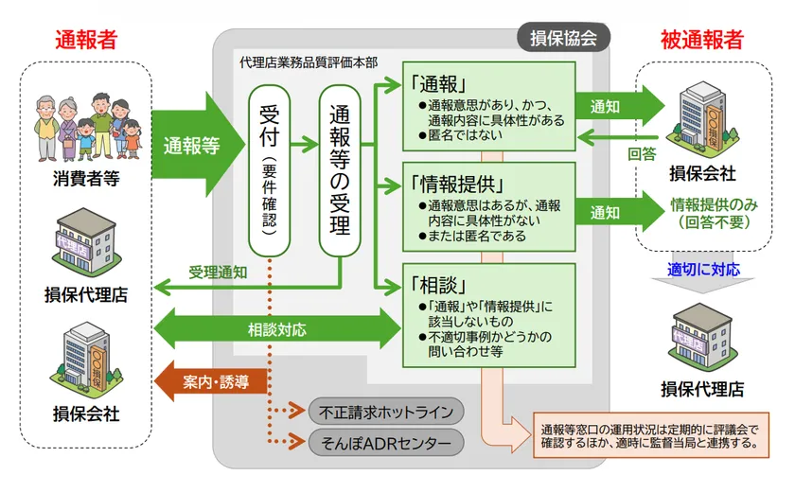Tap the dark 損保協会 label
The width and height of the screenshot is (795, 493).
[563, 38]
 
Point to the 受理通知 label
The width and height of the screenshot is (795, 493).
[218, 272]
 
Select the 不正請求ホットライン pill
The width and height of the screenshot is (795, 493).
[387, 412]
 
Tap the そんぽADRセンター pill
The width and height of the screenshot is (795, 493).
[387, 442]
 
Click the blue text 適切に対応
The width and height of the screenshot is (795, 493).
[703, 270]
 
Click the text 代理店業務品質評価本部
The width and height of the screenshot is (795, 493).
[309, 62]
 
